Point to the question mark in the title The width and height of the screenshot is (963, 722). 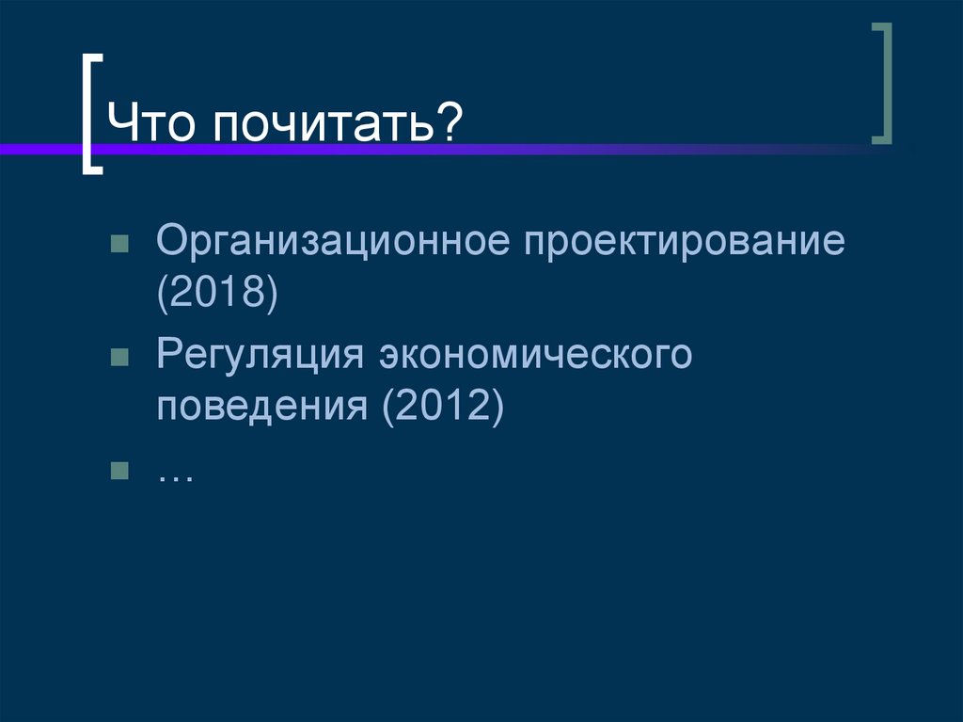(x=450, y=123)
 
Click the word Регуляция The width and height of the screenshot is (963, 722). (x=260, y=356)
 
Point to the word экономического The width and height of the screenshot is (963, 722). (x=536, y=356)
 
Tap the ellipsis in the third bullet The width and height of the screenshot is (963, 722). (x=176, y=474)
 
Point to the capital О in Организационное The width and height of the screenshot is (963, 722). (x=172, y=243)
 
